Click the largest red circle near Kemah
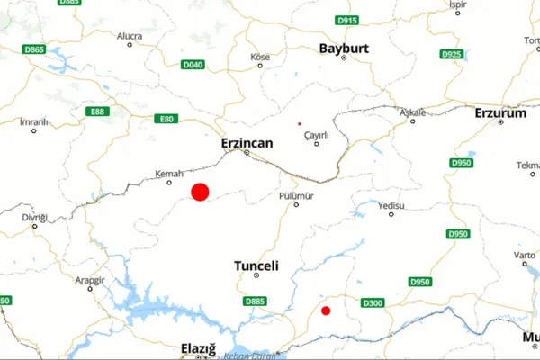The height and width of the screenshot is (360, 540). click(x=200, y=191)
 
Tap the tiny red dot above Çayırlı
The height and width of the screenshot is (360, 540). click(x=300, y=123)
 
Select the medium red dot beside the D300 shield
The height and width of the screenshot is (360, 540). click(x=326, y=310)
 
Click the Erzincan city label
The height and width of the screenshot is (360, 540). click(x=247, y=142)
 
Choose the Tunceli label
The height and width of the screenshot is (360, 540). click(x=256, y=266)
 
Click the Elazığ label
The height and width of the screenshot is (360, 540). click(x=199, y=347)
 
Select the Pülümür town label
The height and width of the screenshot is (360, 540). click(x=296, y=193)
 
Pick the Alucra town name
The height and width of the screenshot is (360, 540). click(x=130, y=36)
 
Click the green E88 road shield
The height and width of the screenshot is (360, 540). click(x=97, y=111)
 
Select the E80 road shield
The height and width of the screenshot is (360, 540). click(x=165, y=119)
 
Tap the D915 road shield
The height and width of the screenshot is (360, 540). click(x=346, y=20)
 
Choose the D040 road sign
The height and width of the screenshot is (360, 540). click(x=193, y=65)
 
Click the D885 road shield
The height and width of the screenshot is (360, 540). click(x=256, y=301)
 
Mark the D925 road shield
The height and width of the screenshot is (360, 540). click(x=452, y=55)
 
